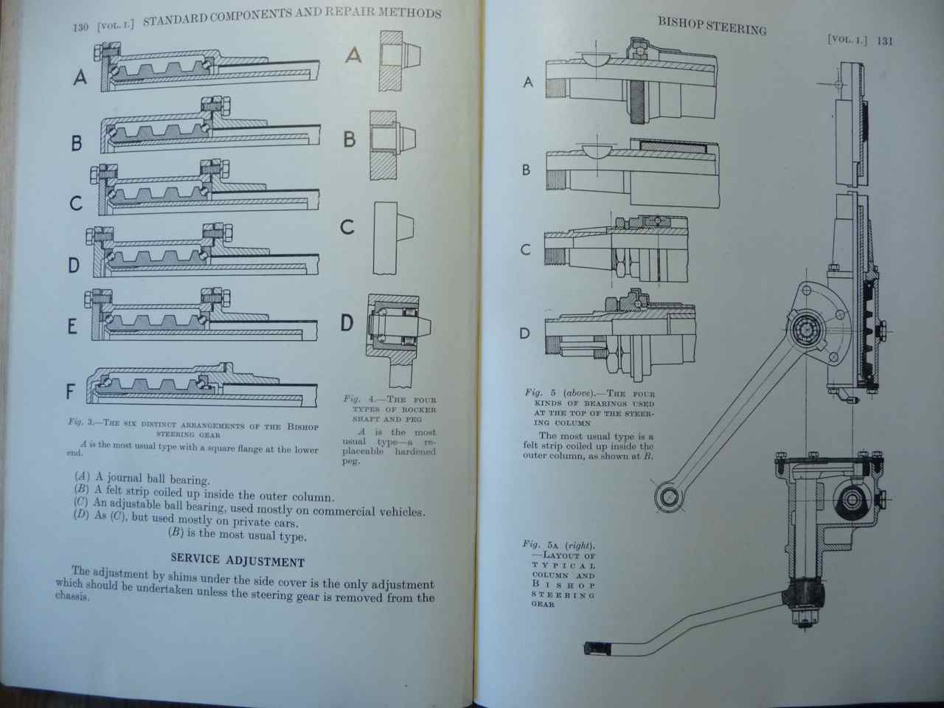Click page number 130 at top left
coord(80,28)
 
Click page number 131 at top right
coord(884,41)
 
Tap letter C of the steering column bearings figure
coord(525,250)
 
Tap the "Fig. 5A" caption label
coord(537,544)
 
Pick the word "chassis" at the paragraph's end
coord(72,596)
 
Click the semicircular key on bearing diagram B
coord(600,150)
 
